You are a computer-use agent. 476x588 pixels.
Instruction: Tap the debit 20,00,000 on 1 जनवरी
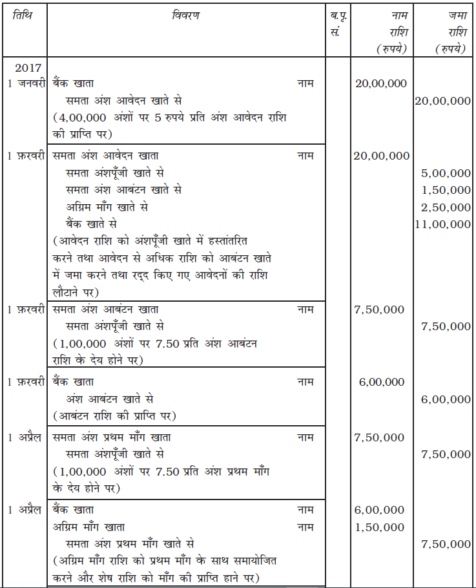(x=381, y=84)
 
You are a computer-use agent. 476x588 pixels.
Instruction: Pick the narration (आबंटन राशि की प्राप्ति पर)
(x=114, y=415)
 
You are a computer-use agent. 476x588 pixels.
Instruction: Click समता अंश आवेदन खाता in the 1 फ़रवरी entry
(x=106, y=156)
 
